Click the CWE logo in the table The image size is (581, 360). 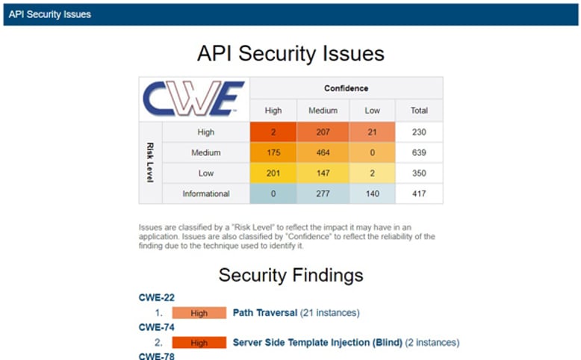pyautogui.click(x=194, y=99)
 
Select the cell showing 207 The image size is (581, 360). pyautogui.click(x=323, y=132)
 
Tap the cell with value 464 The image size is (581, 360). pyautogui.click(x=323, y=152)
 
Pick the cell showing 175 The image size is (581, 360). pyautogui.click(x=273, y=152)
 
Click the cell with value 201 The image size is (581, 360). pyautogui.click(x=273, y=173)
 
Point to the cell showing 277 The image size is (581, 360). pyautogui.click(x=323, y=193)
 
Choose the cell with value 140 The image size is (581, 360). pyautogui.click(x=372, y=193)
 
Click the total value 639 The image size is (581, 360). pyautogui.click(x=419, y=152)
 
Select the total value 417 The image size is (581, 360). pyautogui.click(x=419, y=193)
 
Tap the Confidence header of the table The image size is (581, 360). pyautogui.click(x=346, y=88)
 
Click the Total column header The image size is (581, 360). pyautogui.click(x=419, y=111)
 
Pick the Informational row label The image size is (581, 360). pyautogui.click(x=205, y=193)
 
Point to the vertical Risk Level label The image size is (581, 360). pyautogui.click(x=150, y=163)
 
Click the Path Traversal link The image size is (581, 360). pyautogui.click(x=265, y=313)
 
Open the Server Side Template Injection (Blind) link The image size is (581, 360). pyautogui.click(x=317, y=342)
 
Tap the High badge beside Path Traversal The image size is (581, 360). pyautogui.click(x=199, y=313)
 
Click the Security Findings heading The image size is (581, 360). pyautogui.click(x=290, y=275)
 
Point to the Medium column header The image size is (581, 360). pyautogui.click(x=323, y=111)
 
